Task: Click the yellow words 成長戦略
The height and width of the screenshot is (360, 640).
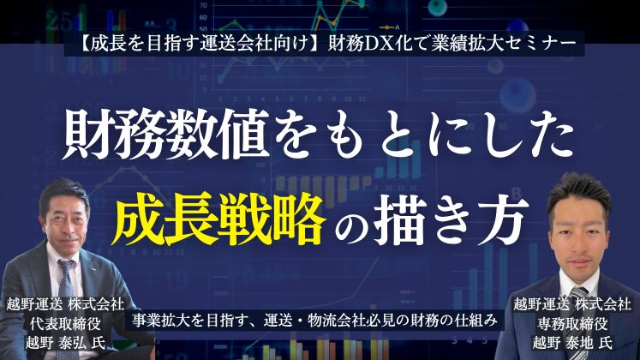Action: pyautogui.click(x=220, y=219)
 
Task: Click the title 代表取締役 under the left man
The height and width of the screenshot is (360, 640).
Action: pyautogui.click(x=65, y=324)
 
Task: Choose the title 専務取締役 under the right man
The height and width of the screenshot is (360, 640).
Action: pyautogui.click(x=572, y=324)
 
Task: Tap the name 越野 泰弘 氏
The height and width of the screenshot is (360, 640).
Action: pyautogui.click(x=65, y=343)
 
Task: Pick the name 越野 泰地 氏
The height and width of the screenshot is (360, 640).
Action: pyautogui.click(x=572, y=343)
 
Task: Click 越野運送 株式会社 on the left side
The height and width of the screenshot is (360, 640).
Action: pyautogui.click(x=65, y=304)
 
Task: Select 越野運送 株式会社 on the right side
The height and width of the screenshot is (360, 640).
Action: pyautogui.click(x=572, y=304)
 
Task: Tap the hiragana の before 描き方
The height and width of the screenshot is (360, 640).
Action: pyautogui.click(x=350, y=224)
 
